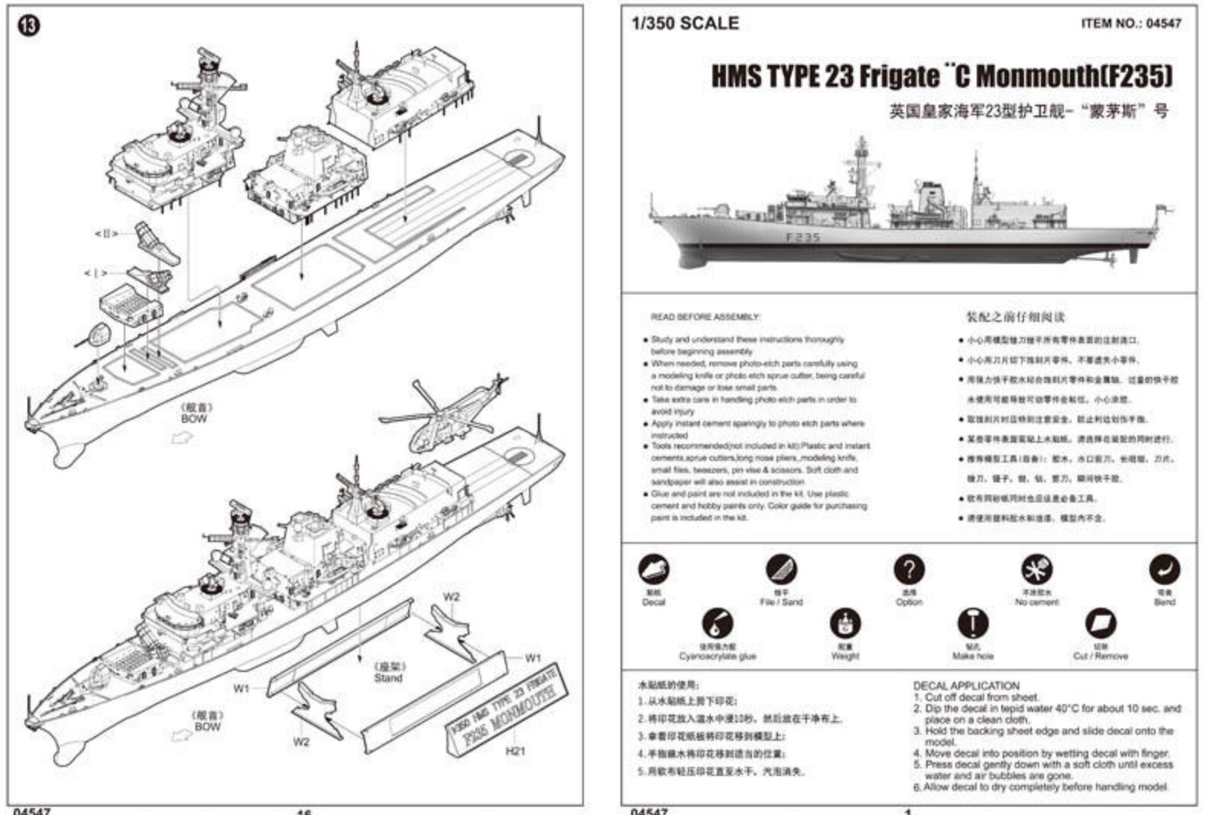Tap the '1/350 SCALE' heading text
pyautogui.click(x=686, y=24)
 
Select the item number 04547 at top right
pyautogui.click(x=1130, y=24)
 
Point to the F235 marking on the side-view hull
pyautogui.click(x=802, y=238)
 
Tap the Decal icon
pyautogui.click(x=653, y=570)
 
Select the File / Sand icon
pyautogui.click(x=781, y=570)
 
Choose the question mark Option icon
pyautogui.click(x=909, y=570)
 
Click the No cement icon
pyautogui.click(x=1036, y=570)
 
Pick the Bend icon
pyautogui.click(x=1164, y=570)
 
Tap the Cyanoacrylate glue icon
pyautogui.click(x=717, y=624)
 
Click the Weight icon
pyautogui.click(x=845, y=624)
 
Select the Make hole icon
pyautogui.click(x=972, y=624)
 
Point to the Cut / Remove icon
pyautogui.click(x=1100, y=624)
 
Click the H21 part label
pyautogui.click(x=515, y=751)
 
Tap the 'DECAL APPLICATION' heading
pyautogui.click(x=966, y=686)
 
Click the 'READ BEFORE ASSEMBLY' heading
pyautogui.click(x=705, y=317)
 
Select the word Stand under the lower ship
pyautogui.click(x=387, y=678)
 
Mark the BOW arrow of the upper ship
pyautogui.click(x=182, y=438)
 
